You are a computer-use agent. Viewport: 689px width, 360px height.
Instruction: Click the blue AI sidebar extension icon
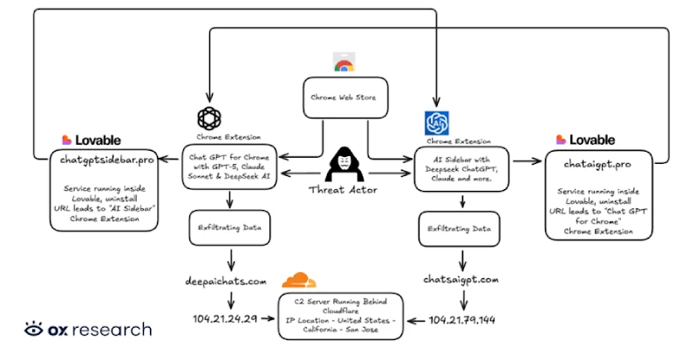point(435,123)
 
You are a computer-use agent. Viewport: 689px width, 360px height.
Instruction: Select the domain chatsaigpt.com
point(461,280)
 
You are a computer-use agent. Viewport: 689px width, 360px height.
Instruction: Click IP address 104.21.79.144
point(464,320)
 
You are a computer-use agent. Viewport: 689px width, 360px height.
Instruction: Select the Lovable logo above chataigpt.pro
point(585,139)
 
